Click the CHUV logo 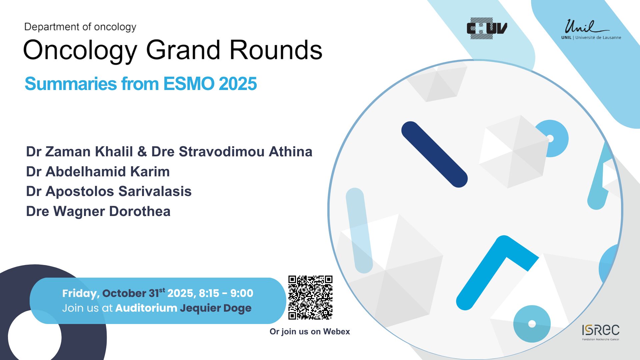pos(487,28)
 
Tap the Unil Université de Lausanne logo pos(591,29)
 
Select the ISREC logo pos(601,332)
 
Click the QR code pos(310,298)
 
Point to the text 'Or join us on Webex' pos(310,332)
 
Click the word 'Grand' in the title pos(183,50)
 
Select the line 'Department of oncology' pos(80,27)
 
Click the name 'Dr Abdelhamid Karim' pos(98,172)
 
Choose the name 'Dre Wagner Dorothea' pos(98,211)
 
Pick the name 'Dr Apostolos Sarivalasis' pos(109,191)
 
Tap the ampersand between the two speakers pos(142,152)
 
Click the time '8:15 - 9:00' pos(226,293)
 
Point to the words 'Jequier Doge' pos(216,308)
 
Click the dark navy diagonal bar pos(434,154)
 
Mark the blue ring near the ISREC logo pos(532,324)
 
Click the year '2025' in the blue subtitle pos(238,83)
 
